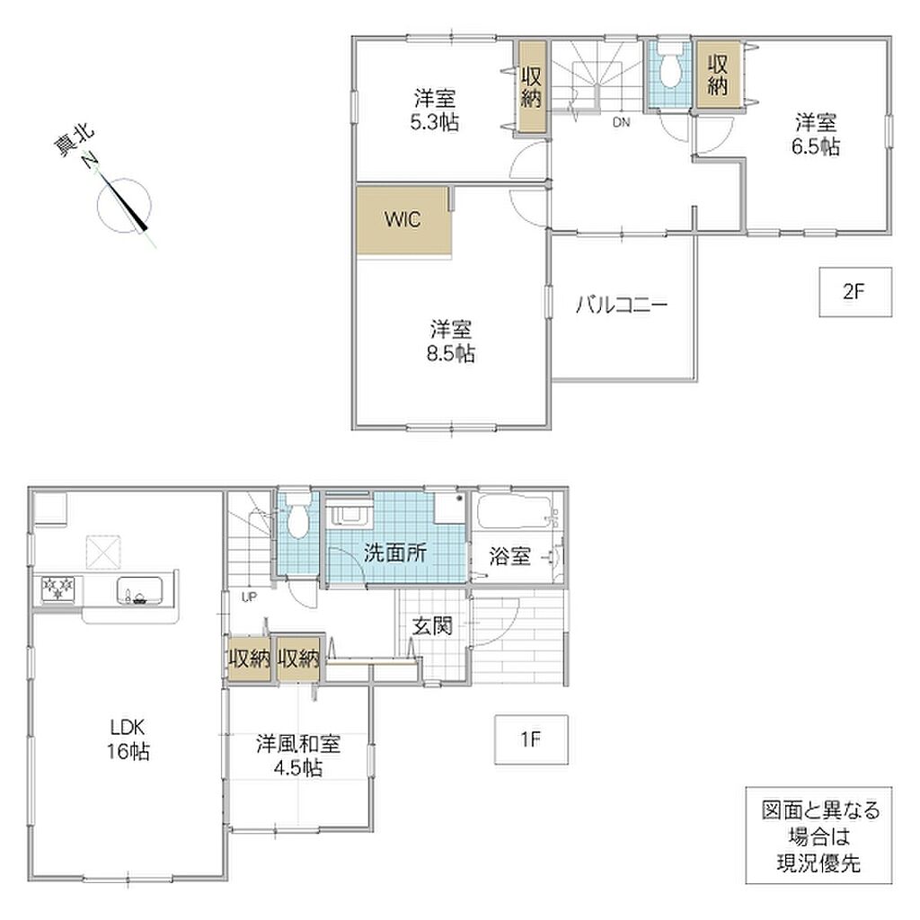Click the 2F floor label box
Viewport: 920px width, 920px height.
tap(855, 292)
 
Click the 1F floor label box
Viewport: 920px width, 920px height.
tap(531, 739)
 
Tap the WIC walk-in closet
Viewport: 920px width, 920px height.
tap(403, 220)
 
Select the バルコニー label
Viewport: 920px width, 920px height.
tap(622, 305)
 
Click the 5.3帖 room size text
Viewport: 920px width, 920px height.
tap(435, 122)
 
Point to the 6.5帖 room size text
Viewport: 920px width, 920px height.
tap(816, 146)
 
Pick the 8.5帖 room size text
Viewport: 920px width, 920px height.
tap(451, 354)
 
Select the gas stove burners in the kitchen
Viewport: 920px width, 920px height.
tap(58, 588)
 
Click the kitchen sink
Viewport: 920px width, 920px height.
tap(139, 590)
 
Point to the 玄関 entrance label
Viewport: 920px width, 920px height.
tap(432, 626)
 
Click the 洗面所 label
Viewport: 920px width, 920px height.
tap(395, 553)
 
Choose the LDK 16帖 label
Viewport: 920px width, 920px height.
tap(128, 739)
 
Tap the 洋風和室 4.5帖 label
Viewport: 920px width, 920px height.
tap(298, 756)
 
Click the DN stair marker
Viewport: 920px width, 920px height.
tap(622, 122)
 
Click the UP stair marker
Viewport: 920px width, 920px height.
tap(250, 597)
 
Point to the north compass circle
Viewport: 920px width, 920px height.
tap(124, 205)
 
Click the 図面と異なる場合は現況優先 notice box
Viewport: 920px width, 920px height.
tap(819, 836)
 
